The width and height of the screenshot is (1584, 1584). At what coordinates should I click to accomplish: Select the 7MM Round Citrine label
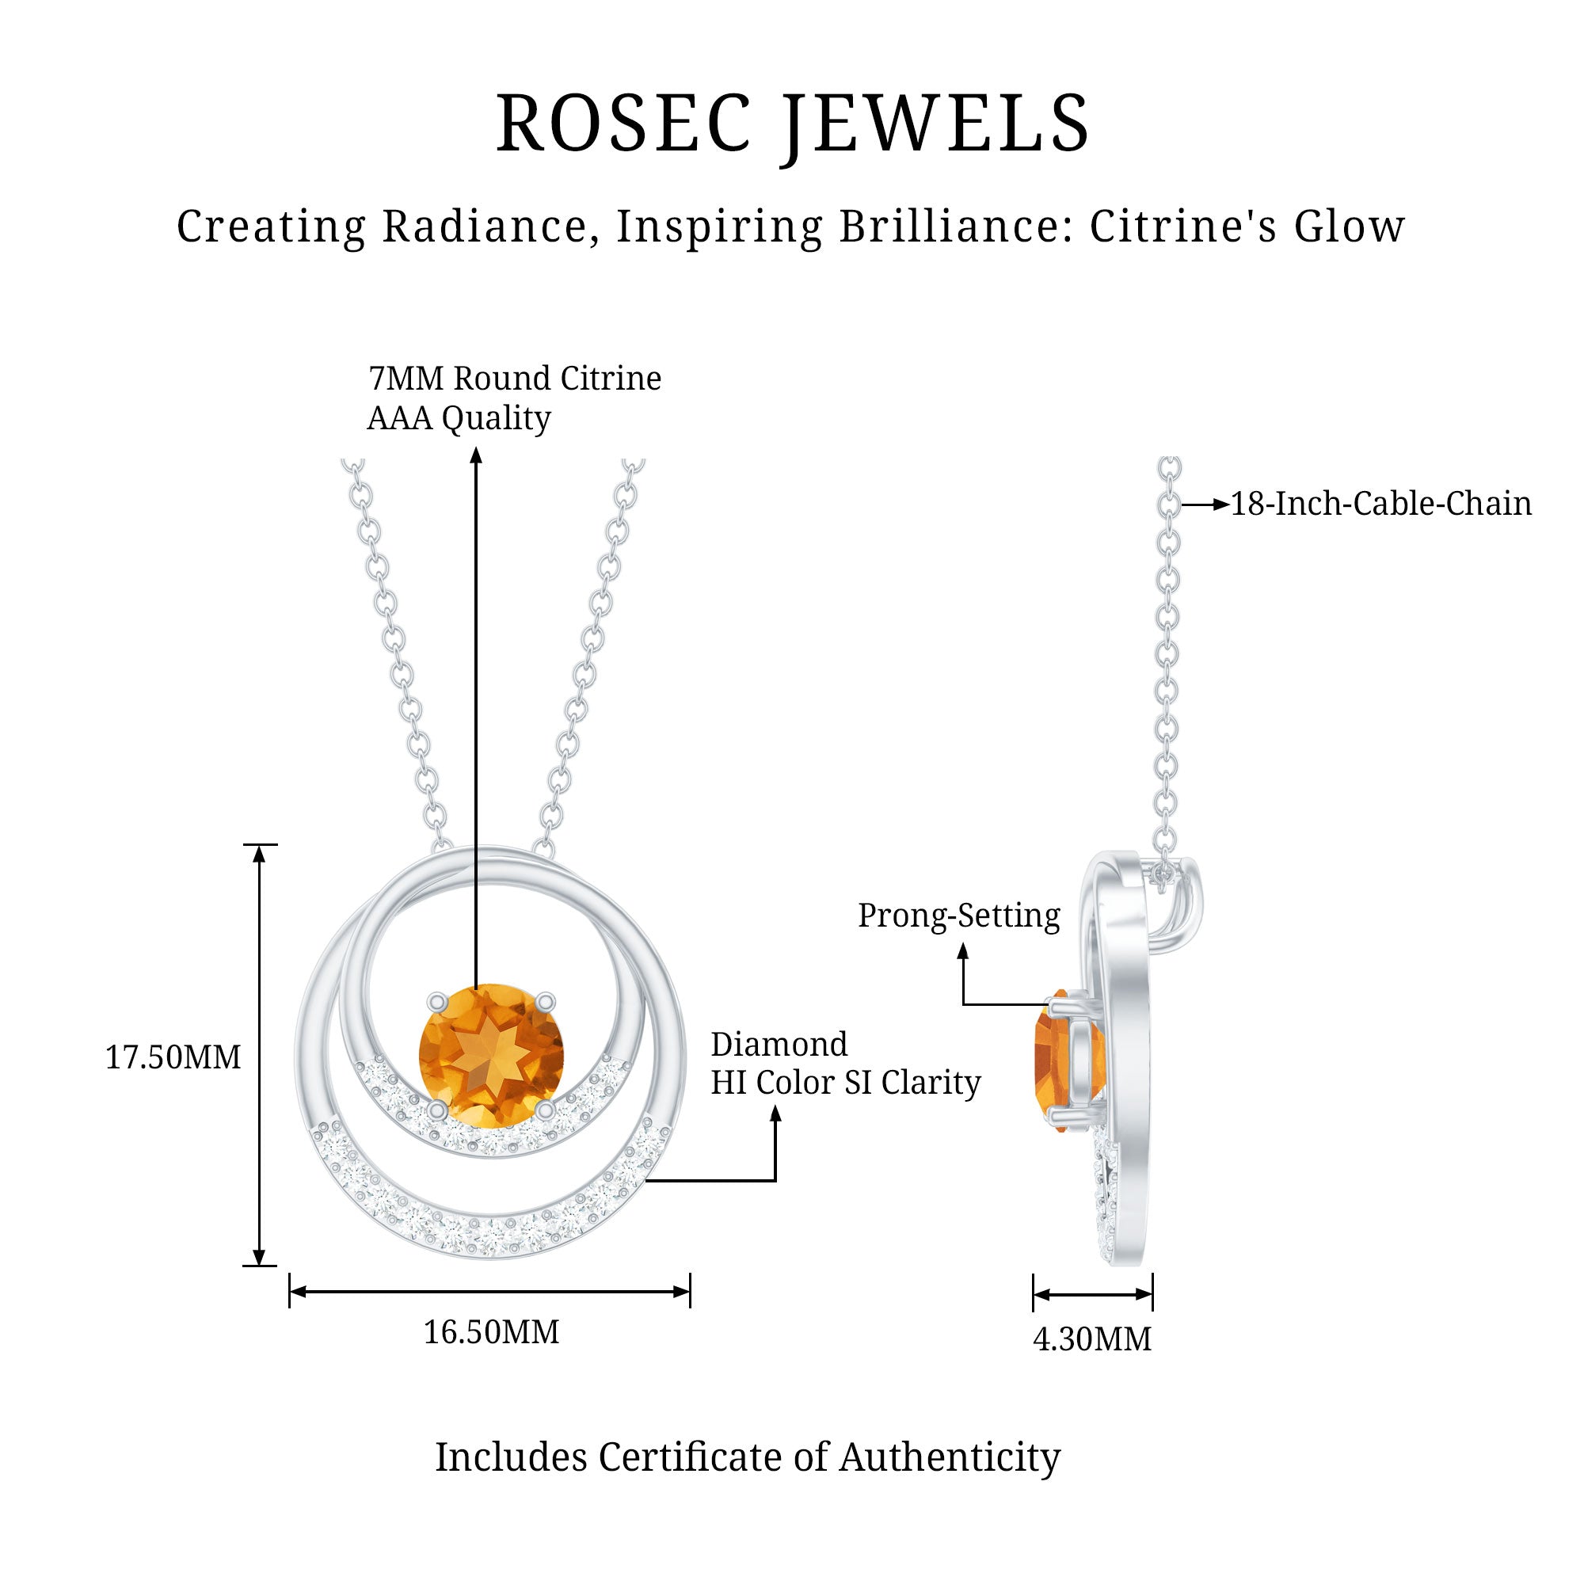(x=514, y=379)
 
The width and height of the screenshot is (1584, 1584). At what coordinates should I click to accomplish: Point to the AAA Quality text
(x=459, y=418)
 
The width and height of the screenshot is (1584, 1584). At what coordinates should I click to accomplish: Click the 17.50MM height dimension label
(x=173, y=1057)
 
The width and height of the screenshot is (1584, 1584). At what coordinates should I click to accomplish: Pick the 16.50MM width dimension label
(x=491, y=1332)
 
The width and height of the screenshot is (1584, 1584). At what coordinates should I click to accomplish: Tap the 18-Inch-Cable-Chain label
(x=1380, y=504)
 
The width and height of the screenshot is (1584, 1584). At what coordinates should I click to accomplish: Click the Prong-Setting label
(x=958, y=916)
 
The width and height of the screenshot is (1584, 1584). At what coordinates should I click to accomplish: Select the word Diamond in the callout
(x=779, y=1045)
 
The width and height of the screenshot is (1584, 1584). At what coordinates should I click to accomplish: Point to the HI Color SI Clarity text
(x=845, y=1083)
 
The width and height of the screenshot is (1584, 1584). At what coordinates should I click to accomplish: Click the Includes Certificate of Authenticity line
(x=748, y=1457)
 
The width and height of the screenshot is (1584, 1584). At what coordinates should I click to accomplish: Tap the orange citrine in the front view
(x=491, y=1055)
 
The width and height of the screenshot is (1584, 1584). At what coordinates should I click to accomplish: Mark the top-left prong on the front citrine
(x=438, y=1002)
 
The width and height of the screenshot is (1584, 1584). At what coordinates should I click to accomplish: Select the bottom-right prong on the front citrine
(x=545, y=1110)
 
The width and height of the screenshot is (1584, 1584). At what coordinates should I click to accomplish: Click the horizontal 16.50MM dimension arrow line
(x=489, y=1292)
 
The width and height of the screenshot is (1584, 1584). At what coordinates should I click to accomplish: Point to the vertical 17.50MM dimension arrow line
(x=259, y=1057)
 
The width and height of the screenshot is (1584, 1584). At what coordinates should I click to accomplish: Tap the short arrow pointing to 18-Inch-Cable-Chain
(x=1205, y=505)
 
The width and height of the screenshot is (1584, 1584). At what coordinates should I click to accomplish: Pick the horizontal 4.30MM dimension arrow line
(x=1092, y=1295)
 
